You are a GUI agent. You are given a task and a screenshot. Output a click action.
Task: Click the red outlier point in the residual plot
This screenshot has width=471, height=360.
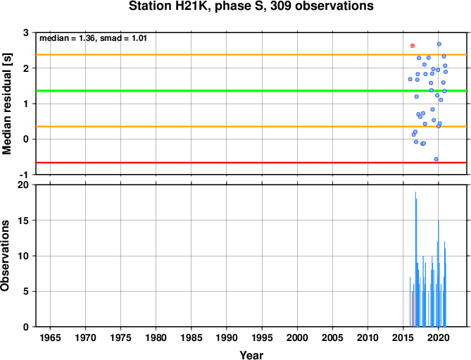[x=413, y=46]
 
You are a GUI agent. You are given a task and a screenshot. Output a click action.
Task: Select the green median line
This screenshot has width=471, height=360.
[x=251, y=91]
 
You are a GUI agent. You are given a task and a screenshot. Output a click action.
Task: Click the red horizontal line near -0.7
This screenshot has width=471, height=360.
[x=251, y=163]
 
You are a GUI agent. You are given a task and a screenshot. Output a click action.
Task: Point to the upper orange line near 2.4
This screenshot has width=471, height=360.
[x=251, y=55]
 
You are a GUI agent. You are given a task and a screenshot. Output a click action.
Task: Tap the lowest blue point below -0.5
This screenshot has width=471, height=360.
[x=437, y=159]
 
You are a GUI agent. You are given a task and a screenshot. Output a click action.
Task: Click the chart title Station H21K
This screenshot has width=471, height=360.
[x=251, y=6]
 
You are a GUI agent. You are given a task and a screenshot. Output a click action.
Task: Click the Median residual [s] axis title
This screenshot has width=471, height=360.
[x=6, y=104]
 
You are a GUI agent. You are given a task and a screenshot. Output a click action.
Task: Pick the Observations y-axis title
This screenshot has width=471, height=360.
[x=5, y=256]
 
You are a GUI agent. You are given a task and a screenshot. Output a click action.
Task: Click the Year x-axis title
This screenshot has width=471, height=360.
[x=251, y=355]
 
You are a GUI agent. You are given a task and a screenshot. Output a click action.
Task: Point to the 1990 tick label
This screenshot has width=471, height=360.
[x=227, y=337]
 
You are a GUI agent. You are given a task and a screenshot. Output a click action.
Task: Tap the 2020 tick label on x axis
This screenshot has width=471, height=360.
[x=438, y=337]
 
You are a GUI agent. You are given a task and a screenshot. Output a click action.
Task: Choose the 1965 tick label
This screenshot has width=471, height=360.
[x=50, y=337]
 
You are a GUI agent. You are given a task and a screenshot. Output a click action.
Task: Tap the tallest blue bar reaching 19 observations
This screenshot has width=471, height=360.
[x=415, y=259]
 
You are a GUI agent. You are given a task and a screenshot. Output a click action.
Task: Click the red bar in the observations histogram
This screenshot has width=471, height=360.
[x=412, y=309]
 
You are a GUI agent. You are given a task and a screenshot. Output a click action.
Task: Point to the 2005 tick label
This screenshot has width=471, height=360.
[x=332, y=337]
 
